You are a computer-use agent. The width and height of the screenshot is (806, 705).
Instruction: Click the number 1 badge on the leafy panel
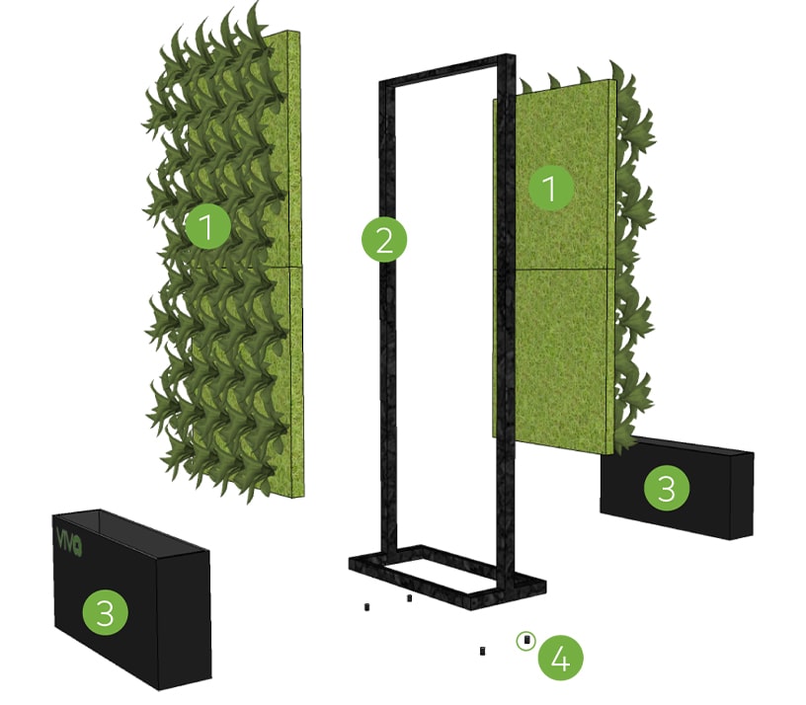207,227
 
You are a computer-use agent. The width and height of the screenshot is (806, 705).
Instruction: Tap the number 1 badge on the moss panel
551,188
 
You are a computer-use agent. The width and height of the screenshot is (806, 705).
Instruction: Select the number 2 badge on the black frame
384,240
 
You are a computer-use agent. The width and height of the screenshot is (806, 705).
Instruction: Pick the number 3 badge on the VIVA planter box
106,612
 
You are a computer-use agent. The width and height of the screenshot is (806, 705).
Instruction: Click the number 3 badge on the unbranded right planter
667,488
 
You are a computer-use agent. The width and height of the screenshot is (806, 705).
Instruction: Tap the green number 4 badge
561,659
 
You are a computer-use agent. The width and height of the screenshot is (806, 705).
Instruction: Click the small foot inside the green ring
525,640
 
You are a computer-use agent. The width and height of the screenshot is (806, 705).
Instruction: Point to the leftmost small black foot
367,607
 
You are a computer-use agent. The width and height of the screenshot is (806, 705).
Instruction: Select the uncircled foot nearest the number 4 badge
482,651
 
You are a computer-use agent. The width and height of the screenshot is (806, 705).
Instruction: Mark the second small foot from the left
409,598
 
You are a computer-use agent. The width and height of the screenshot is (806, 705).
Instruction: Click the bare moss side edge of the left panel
295,265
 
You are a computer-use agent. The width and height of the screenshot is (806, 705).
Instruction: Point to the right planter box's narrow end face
741,496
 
